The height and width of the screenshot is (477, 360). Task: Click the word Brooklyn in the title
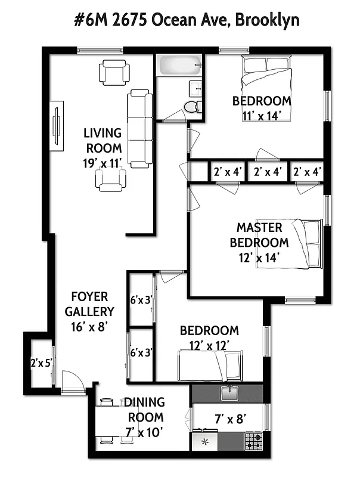click(x=268, y=20)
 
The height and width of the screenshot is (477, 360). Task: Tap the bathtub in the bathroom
click(x=179, y=66)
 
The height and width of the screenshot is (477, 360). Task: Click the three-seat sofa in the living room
click(x=140, y=128)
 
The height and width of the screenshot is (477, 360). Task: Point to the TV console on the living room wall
click(x=57, y=126)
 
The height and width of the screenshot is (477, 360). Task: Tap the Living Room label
click(x=103, y=140)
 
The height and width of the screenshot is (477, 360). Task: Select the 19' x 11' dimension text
click(x=103, y=162)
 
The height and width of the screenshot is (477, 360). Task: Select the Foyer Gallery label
click(x=89, y=304)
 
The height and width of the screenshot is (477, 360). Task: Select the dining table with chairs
click(x=114, y=421)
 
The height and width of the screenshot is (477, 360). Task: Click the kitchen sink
click(x=229, y=392)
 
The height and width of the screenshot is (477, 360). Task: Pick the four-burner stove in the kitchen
click(x=253, y=442)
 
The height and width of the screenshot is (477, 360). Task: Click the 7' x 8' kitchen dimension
click(x=227, y=419)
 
